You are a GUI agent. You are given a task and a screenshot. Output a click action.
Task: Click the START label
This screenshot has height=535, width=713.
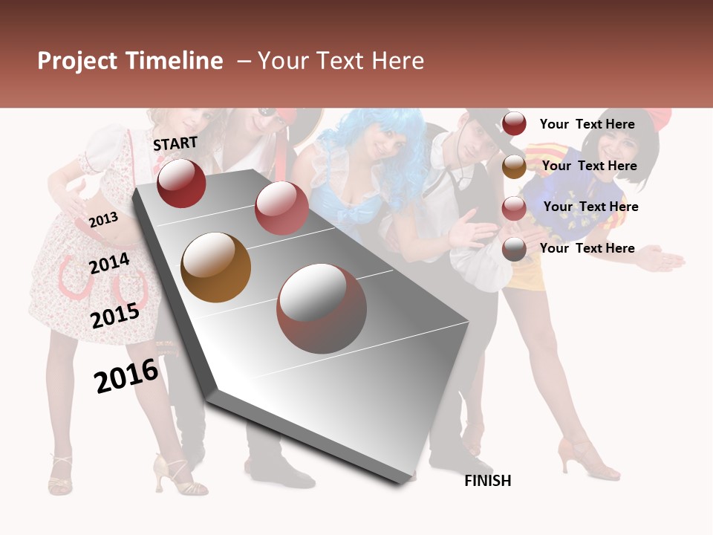[x=175, y=143]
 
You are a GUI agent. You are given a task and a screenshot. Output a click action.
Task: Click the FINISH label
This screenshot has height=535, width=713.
[x=488, y=481]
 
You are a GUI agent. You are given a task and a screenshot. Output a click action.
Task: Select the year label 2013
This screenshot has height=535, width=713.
[x=103, y=219]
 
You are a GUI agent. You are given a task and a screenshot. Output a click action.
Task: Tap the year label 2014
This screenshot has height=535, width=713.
[x=109, y=263]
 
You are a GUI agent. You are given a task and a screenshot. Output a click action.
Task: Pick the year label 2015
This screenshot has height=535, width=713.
[x=114, y=316]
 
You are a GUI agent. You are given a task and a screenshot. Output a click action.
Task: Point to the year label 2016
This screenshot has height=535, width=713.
[x=126, y=375]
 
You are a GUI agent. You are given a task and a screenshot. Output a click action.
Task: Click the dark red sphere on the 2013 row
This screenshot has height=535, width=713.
[x=181, y=183]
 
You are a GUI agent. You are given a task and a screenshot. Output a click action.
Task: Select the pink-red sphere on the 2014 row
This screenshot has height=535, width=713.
[x=281, y=207]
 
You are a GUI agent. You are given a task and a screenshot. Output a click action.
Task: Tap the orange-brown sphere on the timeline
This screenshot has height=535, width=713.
[x=215, y=267]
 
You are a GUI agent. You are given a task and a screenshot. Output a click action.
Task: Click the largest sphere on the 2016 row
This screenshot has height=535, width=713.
[x=322, y=308]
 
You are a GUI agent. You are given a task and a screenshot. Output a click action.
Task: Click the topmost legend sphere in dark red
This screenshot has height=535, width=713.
[x=514, y=124]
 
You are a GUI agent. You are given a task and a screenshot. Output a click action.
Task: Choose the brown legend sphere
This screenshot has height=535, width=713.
[x=514, y=166]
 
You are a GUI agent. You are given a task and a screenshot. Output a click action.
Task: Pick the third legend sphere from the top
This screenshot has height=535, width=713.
[x=514, y=208]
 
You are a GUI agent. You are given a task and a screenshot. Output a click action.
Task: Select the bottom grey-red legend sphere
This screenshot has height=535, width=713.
[x=514, y=249]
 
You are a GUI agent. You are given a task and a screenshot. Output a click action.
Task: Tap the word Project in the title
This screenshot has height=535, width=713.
[x=76, y=61]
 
